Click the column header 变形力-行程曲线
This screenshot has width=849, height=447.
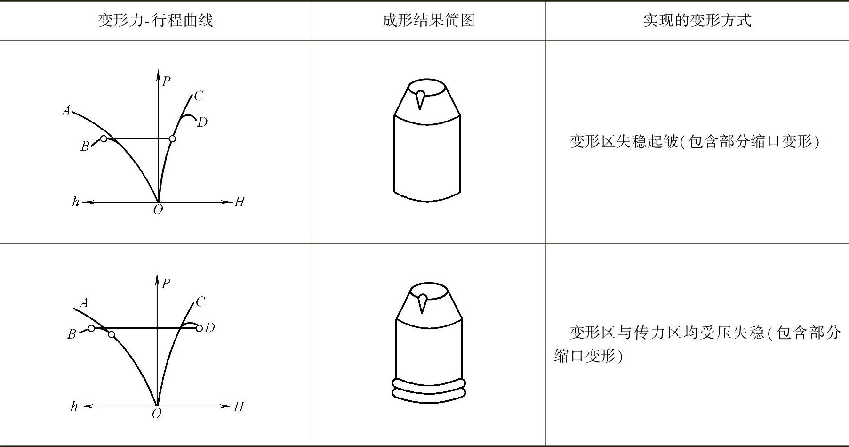coord(155,20)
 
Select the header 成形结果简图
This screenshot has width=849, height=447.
coord(428,20)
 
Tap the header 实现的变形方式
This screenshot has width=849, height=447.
coord(697,20)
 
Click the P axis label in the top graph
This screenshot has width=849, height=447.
coord(166,81)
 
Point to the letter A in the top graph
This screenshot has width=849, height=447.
coord(67,110)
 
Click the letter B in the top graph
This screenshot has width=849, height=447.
coord(85,146)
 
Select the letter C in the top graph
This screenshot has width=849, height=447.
coord(199,96)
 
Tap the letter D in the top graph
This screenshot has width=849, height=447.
coord(202,122)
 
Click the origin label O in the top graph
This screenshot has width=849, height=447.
coord(158,210)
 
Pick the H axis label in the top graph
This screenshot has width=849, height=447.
coord(239,202)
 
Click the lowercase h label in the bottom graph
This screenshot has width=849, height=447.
coord(74,406)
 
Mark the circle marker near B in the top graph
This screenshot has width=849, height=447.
coord(104,138)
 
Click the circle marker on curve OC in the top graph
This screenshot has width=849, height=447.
coord(172,138)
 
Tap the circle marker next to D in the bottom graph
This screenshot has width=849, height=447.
coord(199,328)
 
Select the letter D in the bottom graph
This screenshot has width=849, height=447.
coord(210,327)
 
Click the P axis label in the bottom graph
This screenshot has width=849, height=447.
coord(166,283)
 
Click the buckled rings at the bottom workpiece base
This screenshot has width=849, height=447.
coord(428,390)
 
